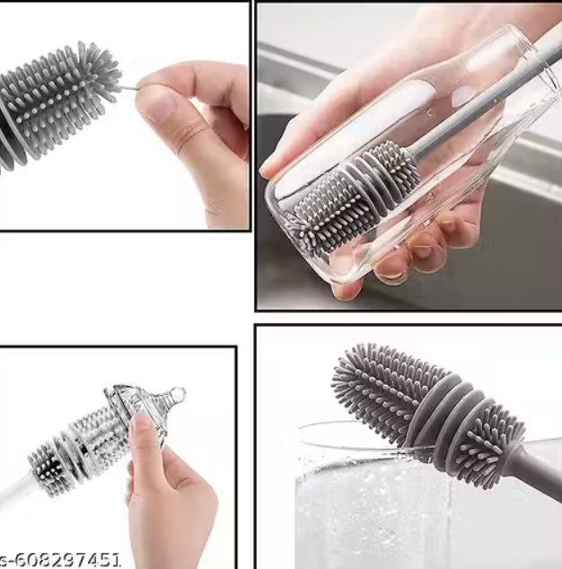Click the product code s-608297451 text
(60, 561)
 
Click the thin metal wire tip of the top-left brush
(128, 87)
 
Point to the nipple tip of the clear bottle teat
(178, 392)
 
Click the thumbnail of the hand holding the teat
(141, 425)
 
